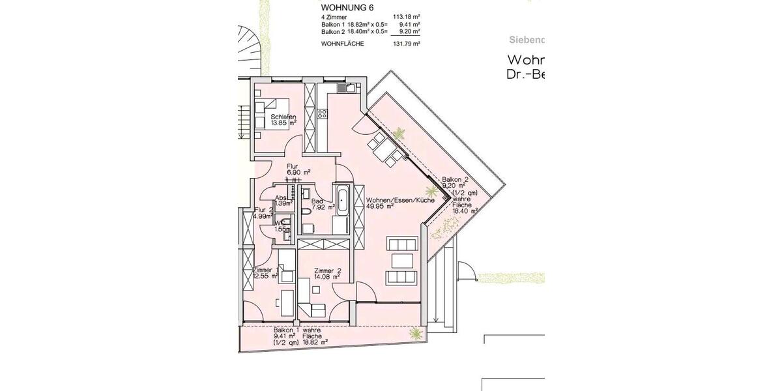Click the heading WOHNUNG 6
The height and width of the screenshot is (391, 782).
pyautogui.click(x=347, y=8)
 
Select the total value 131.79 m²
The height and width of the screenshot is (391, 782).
pyautogui.click(x=407, y=44)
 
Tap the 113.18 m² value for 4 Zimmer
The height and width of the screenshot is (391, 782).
pyautogui.click(x=407, y=18)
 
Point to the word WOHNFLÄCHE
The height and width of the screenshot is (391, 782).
pyautogui.click(x=342, y=44)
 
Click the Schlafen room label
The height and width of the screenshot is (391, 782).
pyautogui.click(x=283, y=117)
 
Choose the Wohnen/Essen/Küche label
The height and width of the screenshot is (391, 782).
pyautogui.click(x=400, y=200)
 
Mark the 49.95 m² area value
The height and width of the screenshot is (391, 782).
pyautogui.click(x=381, y=207)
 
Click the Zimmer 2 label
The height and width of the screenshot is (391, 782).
pyautogui.click(x=328, y=270)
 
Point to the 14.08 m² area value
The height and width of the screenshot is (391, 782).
pyautogui.click(x=326, y=278)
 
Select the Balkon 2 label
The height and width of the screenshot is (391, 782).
pyautogui.click(x=455, y=180)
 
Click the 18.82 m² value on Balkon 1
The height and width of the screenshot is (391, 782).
pyautogui.click(x=313, y=341)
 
